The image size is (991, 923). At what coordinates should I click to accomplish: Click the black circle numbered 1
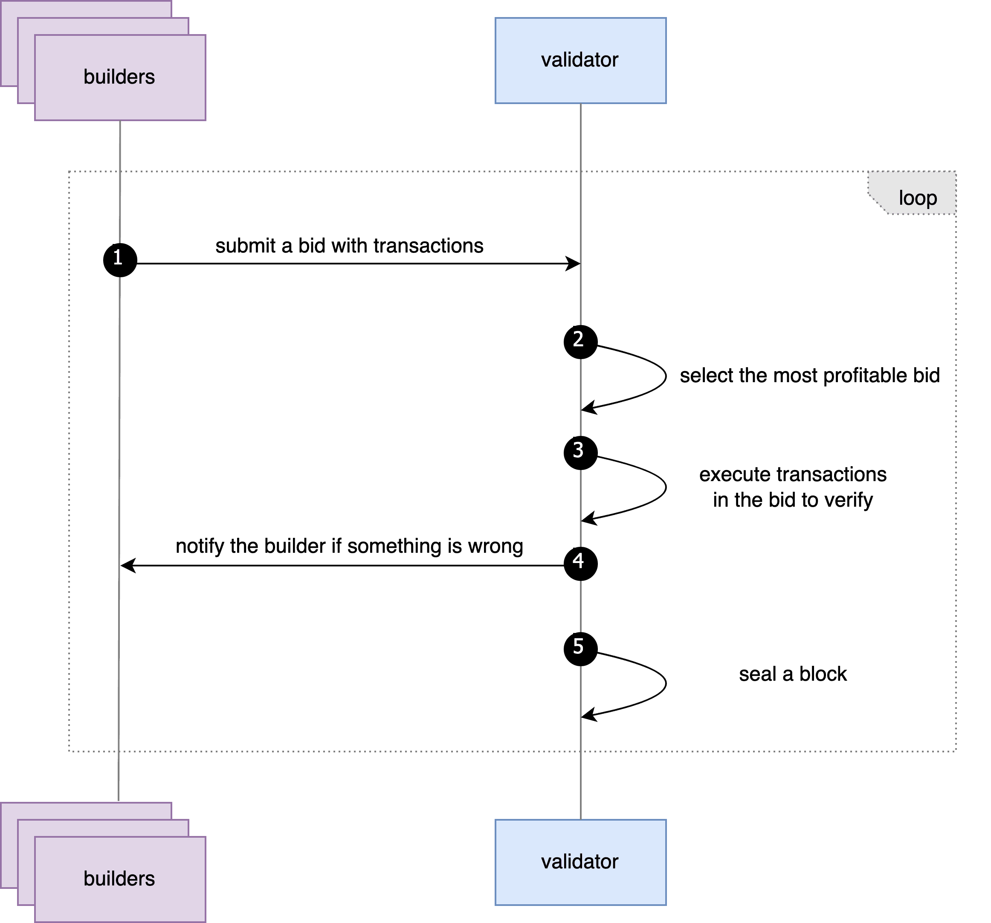pyautogui.click(x=120, y=260)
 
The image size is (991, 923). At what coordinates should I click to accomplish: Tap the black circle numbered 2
pyautogui.click(x=581, y=342)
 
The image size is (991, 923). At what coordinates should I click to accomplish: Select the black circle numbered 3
pyautogui.click(x=581, y=453)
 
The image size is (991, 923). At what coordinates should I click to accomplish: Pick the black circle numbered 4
pyautogui.click(x=581, y=563)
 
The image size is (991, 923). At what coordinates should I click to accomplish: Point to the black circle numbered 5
pyautogui.click(x=581, y=649)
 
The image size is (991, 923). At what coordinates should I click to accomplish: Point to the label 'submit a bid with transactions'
pyautogui.click(x=349, y=246)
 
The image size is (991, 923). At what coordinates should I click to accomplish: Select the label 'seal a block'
pyautogui.click(x=793, y=674)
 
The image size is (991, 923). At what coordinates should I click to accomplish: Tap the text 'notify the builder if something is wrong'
pyautogui.click(x=349, y=546)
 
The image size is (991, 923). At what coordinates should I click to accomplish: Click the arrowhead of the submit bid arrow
pyautogui.click(x=574, y=264)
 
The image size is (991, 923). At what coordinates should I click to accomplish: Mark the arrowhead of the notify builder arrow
pyautogui.click(x=127, y=566)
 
